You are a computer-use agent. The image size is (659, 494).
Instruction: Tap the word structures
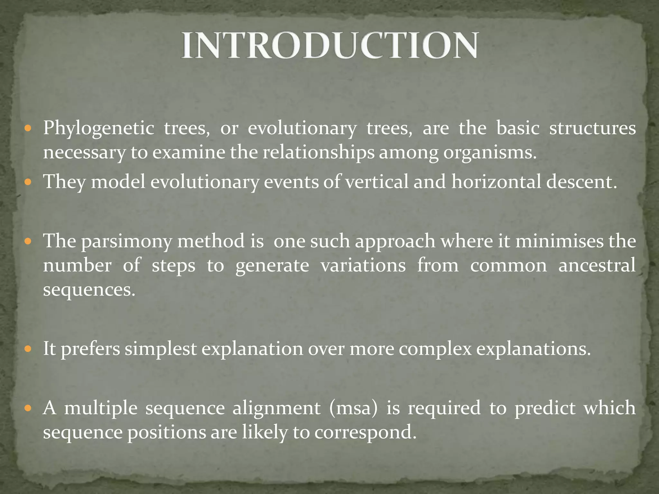click(592, 128)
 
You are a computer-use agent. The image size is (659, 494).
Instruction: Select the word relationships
click(319, 152)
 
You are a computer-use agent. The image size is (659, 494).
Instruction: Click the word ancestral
click(597, 265)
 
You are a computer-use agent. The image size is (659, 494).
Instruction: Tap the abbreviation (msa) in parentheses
click(353, 408)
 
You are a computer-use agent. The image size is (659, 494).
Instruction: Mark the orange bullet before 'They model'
click(28, 182)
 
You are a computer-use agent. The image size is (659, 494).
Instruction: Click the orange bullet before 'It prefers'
click(28, 349)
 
